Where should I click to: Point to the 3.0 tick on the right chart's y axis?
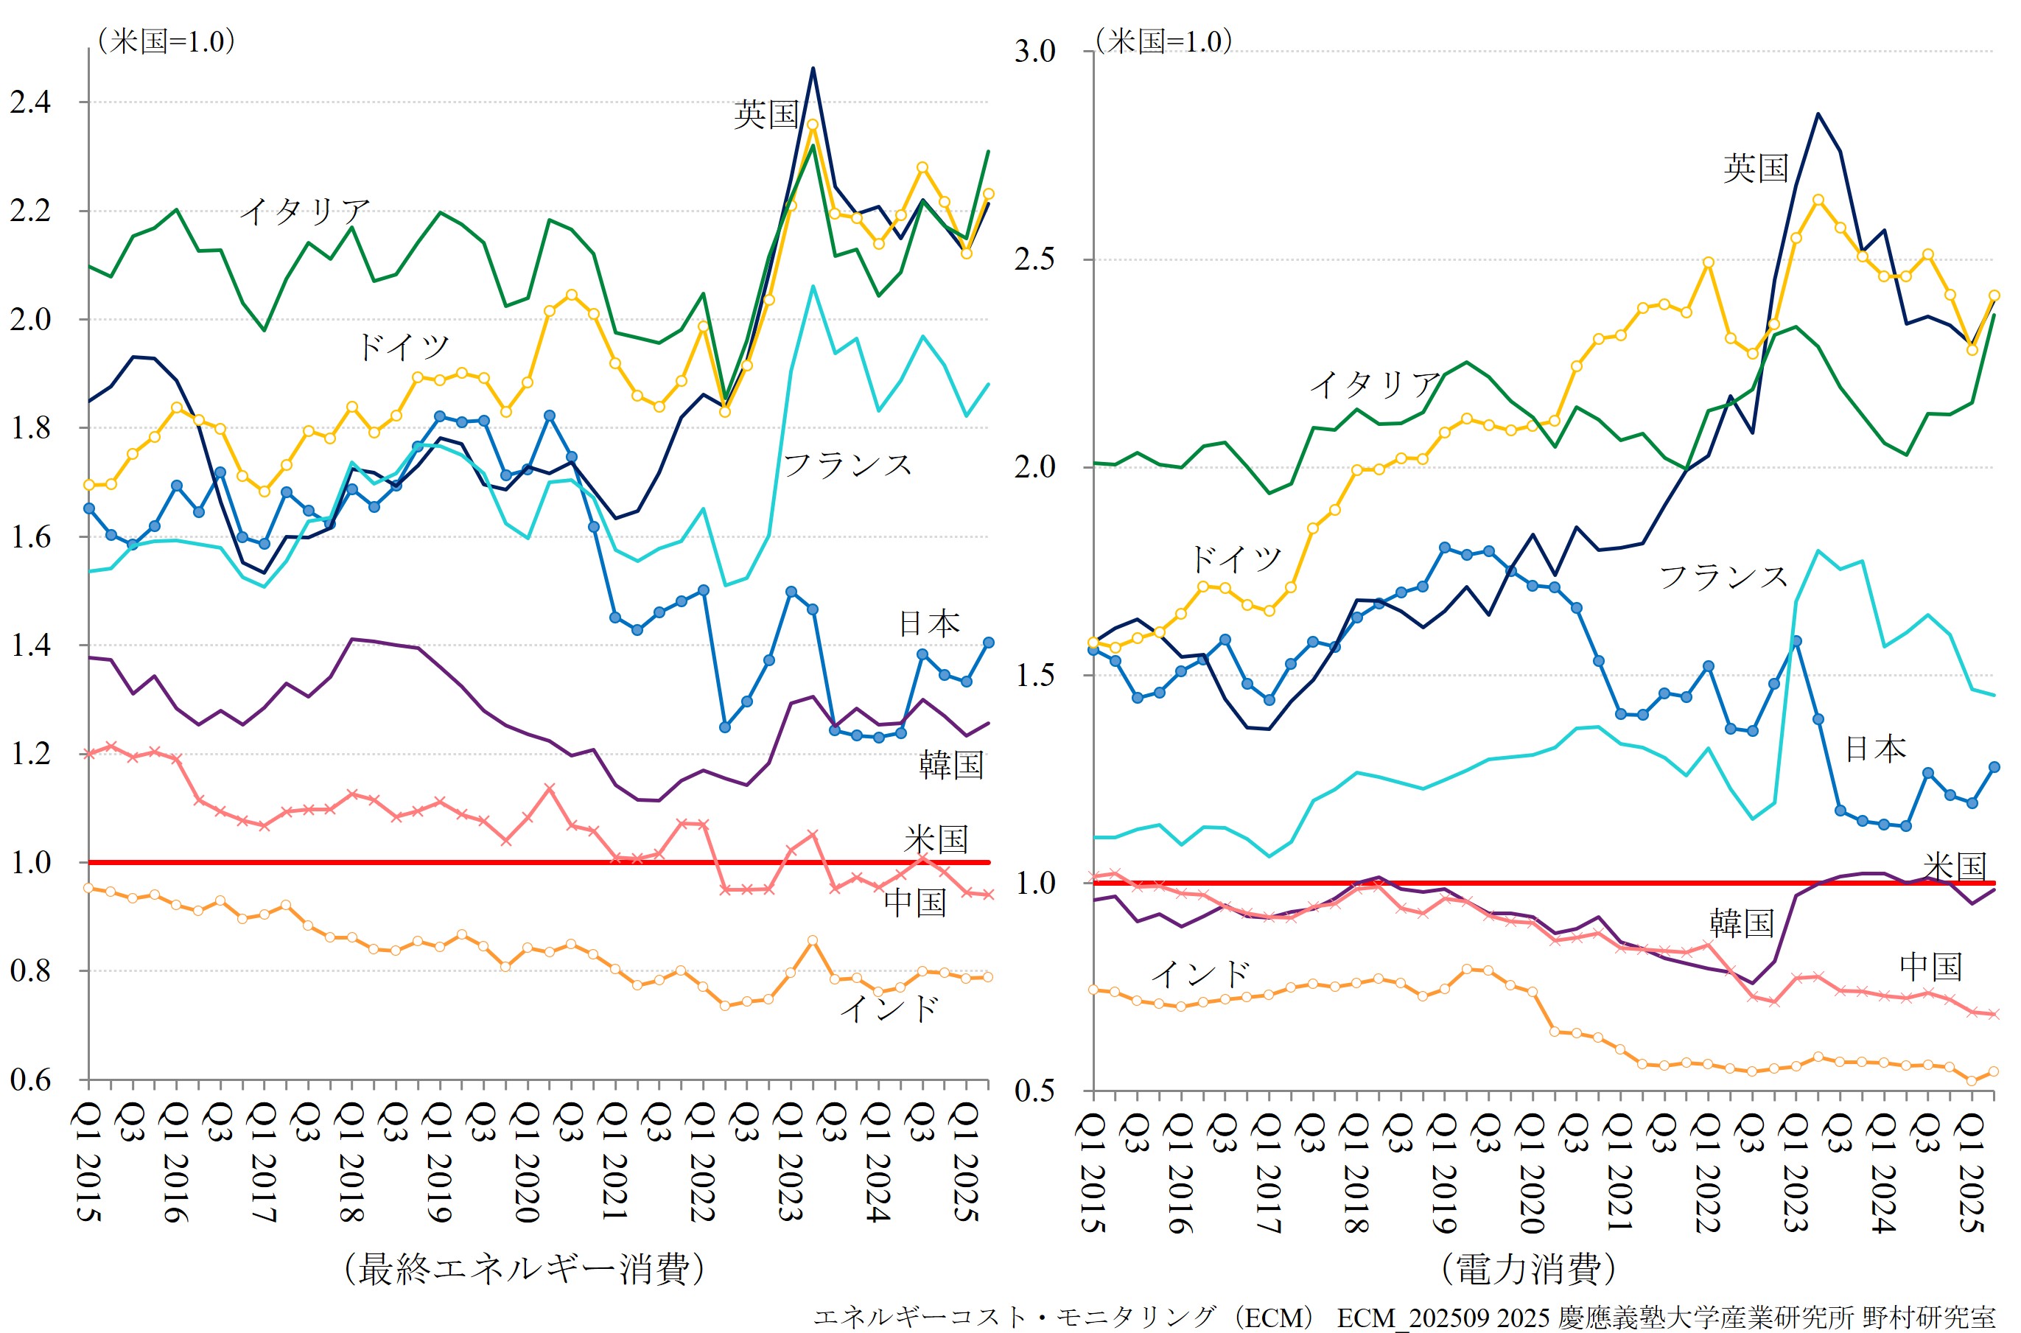(x=1034, y=51)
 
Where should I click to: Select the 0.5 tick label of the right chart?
(x=1034, y=1090)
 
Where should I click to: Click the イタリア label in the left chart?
(x=305, y=211)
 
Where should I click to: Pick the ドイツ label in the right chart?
(x=1235, y=559)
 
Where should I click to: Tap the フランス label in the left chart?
(x=847, y=465)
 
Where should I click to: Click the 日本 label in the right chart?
(x=1876, y=749)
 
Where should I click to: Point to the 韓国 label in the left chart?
(x=951, y=765)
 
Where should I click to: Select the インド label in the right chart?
(x=1200, y=974)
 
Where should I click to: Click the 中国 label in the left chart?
(x=914, y=902)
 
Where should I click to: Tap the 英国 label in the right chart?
(x=1756, y=167)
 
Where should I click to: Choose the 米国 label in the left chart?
(x=936, y=840)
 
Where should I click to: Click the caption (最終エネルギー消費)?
(x=525, y=1268)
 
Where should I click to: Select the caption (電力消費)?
(x=1528, y=1268)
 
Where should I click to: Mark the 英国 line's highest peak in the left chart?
(x=813, y=68)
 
